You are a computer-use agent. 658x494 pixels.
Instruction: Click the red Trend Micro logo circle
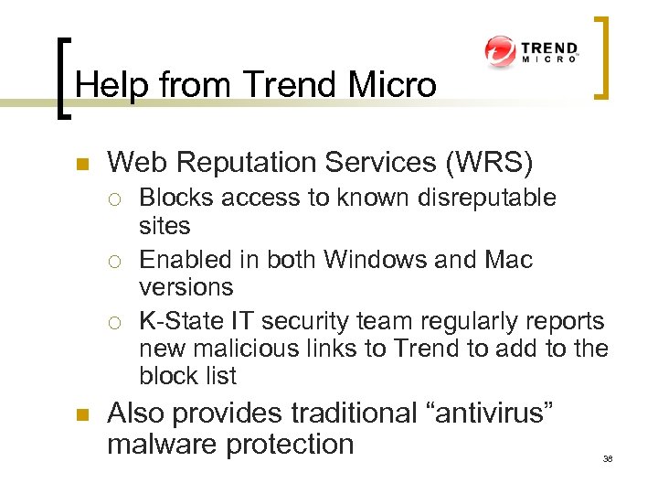[x=501, y=51]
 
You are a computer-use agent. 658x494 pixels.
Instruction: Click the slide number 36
[x=608, y=458]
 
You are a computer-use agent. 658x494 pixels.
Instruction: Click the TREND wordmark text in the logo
[x=549, y=48]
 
